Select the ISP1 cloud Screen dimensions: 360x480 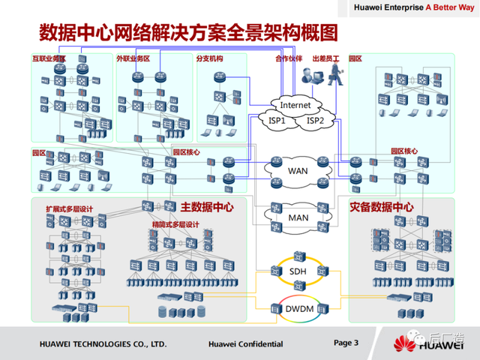[x=277, y=120]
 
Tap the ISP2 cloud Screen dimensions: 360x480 [x=315, y=120]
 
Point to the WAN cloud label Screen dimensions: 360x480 [x=298, y=170]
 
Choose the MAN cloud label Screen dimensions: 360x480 [x=298, y=217]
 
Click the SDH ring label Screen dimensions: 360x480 [x=298, y=274]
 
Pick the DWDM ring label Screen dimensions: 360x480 [x=298, y=307]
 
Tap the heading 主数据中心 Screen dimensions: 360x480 [x=207, y=206]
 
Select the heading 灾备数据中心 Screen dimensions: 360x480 [x=381, y=206]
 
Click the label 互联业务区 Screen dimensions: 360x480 [x=49, y=58]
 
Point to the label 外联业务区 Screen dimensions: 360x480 [x=133, y=58]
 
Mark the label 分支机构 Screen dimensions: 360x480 [x=209, y=58]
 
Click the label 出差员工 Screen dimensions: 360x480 [x=325, y=58]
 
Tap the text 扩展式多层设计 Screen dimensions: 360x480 [x=70, y=209]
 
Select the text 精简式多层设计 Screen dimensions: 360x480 [x=175, y=225]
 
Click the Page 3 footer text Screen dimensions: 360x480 [x=346, y=343]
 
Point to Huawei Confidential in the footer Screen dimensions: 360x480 [x=245, y=344]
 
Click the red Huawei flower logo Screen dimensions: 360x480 [x=406, y=343]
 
